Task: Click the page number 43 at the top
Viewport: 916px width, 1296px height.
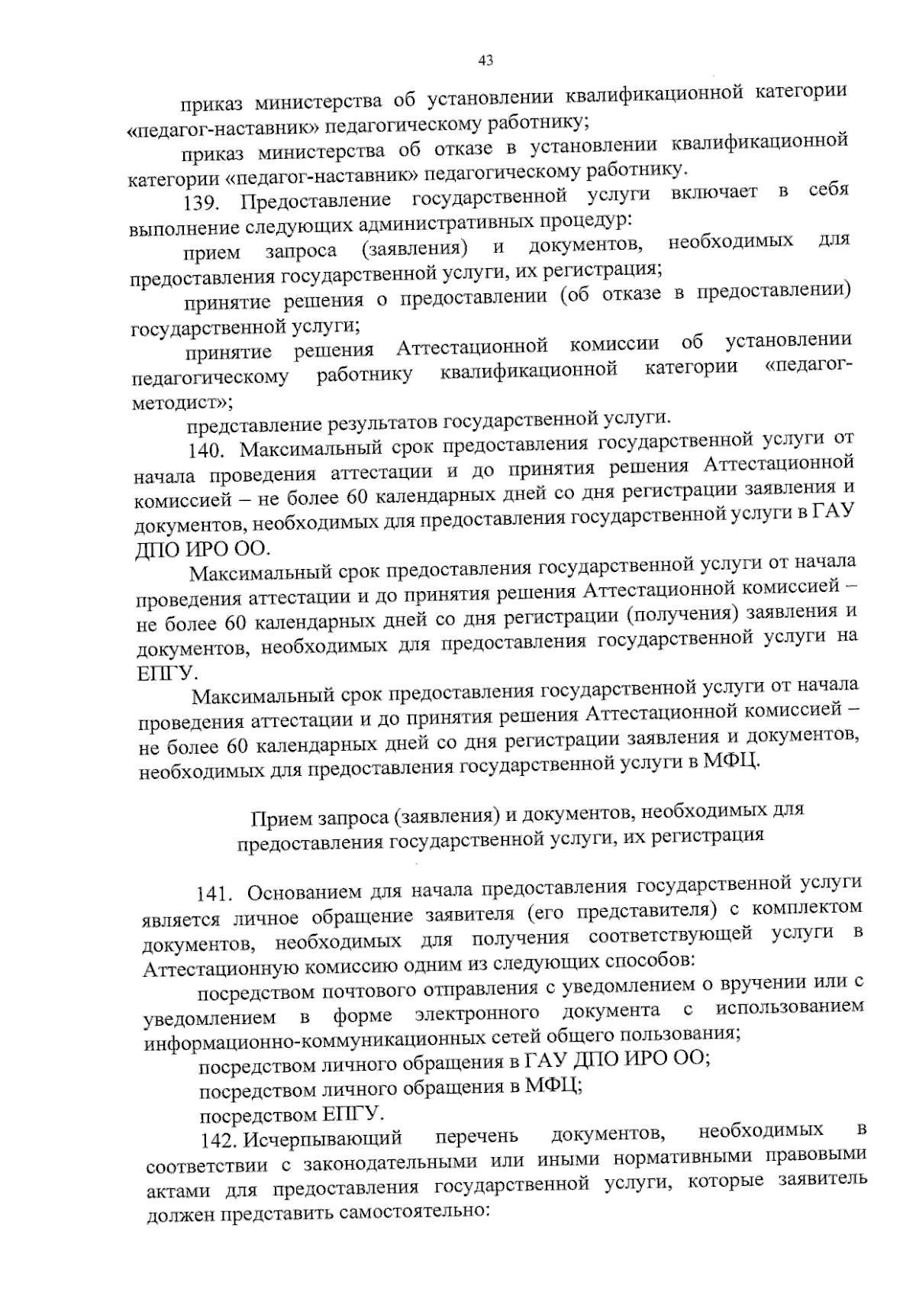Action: coord(486,60)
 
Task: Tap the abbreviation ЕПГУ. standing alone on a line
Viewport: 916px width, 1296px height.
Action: coord(165,672)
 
